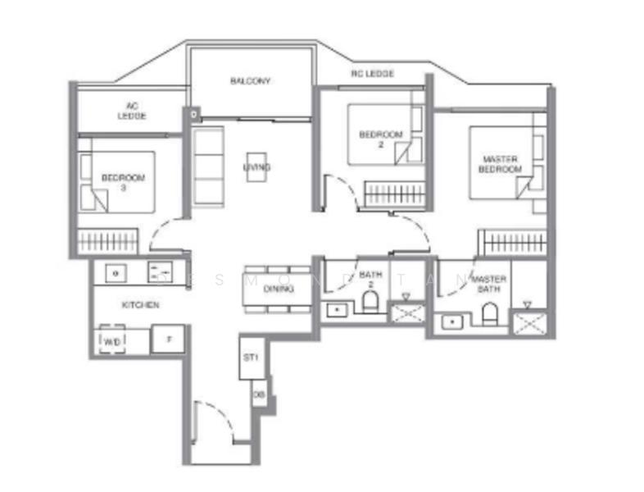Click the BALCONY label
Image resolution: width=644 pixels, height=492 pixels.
pos(250,81)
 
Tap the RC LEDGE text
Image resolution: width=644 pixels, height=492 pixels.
pos(373,74)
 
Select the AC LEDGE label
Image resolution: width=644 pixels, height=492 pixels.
pos(131,111)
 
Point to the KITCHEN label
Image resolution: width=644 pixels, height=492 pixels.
pos(140,304)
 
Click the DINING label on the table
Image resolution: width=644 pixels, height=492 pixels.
pos(279,289)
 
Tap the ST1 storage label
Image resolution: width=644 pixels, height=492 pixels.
pos(252,358)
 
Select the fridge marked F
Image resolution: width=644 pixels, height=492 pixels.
pos(168,339)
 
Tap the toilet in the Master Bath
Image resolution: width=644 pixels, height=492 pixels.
pos(490,312)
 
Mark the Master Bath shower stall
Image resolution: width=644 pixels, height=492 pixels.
pos(528,319)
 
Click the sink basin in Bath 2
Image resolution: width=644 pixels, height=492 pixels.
pos(337,310)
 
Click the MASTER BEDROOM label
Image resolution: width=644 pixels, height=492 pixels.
pos(501,164)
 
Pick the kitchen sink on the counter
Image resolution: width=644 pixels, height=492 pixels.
pos(117,271)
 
